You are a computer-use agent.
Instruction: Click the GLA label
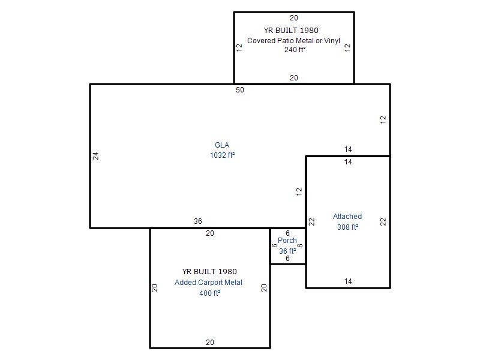(222, 145)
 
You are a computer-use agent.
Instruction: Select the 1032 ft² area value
(222, 155)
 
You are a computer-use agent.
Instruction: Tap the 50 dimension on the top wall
(240, 89)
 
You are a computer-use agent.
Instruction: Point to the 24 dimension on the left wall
(96, 156)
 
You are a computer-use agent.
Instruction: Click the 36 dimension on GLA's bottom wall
(198, 221)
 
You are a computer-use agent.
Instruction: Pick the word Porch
(287, 241)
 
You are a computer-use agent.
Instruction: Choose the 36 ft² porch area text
(287, 251)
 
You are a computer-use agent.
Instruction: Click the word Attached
(347, 217)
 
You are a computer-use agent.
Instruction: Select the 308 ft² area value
(348, 227)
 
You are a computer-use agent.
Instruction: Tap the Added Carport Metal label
(208, 282)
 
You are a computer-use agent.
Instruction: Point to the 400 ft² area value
(210, 293)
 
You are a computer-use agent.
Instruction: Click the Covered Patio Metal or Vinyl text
(293, 40)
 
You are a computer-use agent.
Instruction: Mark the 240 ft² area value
(295, 50)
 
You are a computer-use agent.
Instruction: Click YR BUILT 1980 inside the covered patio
(291, 31)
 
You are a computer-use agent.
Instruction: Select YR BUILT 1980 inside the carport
(209, 272)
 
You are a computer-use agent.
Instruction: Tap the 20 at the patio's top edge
(294, 18)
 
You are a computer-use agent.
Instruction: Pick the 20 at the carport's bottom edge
(210, 342)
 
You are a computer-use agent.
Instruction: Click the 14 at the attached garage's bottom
(348, 281)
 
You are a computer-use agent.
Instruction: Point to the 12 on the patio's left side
(239, 47)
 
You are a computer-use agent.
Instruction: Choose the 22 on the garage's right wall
(383, 221)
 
